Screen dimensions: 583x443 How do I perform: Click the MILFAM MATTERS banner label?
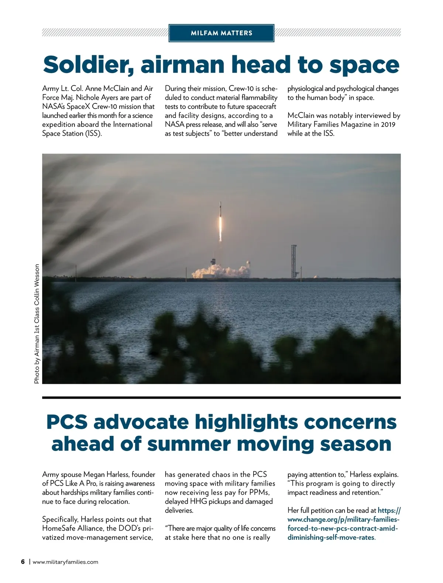click(x=221, y=33)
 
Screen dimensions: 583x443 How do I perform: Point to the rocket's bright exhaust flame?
click(x=221, y=229)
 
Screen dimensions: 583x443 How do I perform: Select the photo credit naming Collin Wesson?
click(x=37, y=324)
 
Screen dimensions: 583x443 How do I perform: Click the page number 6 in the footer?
click(x=23, y=562)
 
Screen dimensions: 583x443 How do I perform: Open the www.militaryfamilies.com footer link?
click(x=65, y=562)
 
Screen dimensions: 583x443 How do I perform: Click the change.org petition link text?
click(x=343, y=524)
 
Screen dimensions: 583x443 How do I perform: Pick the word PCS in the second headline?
click(x=67, y=422)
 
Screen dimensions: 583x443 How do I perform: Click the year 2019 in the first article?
click(x=388, y=124)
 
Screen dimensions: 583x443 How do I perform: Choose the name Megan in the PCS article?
click(x=94, y=475)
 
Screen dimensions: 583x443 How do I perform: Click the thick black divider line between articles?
click(x=221, y=398)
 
